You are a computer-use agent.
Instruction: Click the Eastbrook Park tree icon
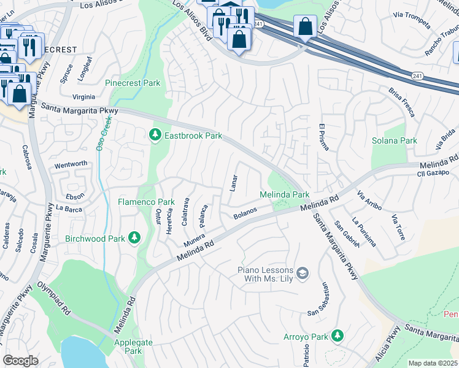pos(155,134)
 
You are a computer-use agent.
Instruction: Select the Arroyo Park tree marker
pos(336,335)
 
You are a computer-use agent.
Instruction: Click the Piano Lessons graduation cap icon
pos(302,273)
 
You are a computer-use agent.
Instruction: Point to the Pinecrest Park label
pos(133,83)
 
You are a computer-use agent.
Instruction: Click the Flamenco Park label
pos(146,202)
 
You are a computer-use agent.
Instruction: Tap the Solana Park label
pos(394,140)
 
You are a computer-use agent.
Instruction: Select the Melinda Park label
pos(284,194)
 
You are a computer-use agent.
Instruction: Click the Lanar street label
pos(233,182)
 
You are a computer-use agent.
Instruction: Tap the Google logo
pos(20,361)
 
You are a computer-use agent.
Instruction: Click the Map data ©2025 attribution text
pos(433,363)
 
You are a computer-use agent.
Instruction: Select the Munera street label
pos(194,240)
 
